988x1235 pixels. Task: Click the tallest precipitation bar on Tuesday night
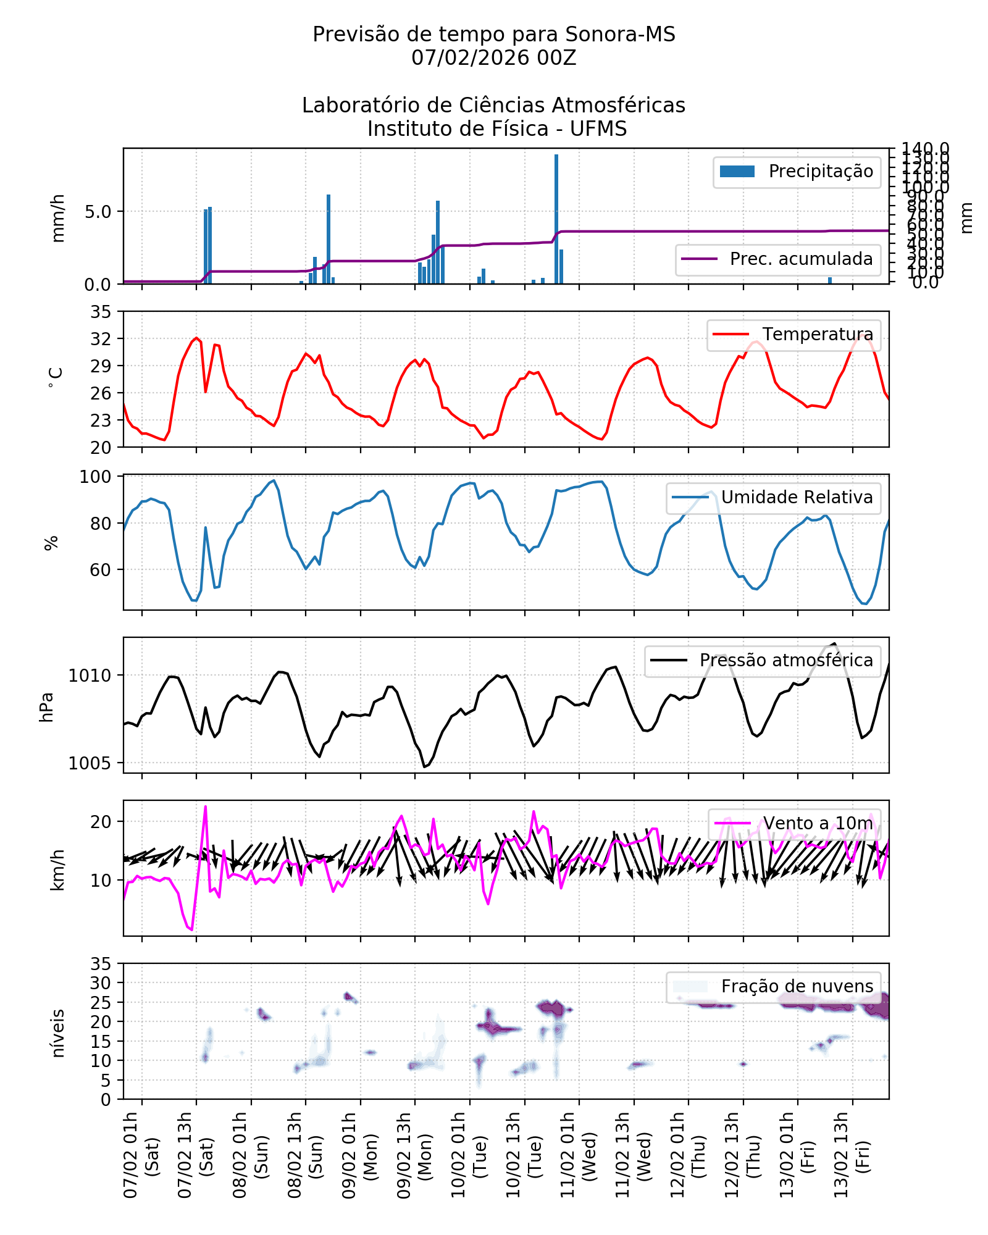556,219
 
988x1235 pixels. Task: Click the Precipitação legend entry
797,172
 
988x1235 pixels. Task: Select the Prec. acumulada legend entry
778,259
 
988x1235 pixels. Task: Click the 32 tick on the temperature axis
101,339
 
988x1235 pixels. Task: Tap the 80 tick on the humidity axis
101,524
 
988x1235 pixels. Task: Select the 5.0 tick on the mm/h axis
98,212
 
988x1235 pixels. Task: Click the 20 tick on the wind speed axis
101,822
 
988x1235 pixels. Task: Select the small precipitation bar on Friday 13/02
830,280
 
